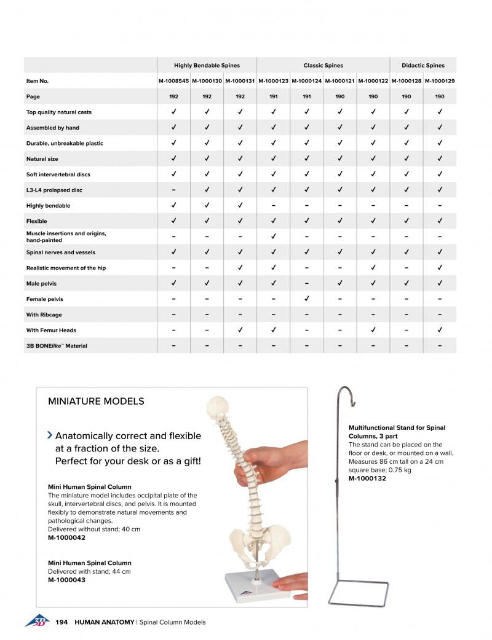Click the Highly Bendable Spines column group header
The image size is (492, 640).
(207, 65)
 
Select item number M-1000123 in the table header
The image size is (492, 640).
(273, 80)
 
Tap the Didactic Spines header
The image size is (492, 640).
(423, 65)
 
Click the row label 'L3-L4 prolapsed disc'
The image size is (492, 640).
(54, 190)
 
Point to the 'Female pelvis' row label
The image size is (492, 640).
(44, 299)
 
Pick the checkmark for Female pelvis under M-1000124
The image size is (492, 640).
(306, 299)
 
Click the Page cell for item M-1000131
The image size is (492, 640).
(240, 96)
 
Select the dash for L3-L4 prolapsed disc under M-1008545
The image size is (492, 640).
(174, 190)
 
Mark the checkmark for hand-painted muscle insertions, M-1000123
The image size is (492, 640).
(273, 236)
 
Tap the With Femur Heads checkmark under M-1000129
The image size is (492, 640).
(440, 330)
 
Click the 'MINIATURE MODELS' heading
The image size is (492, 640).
(96, 401)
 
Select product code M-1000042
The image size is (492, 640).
(66, 537)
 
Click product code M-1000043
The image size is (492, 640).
(66, 580)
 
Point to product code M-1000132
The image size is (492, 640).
(367, 478)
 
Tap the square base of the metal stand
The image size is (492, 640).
(360, 591)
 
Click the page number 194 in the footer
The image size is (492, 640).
(61, 622)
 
